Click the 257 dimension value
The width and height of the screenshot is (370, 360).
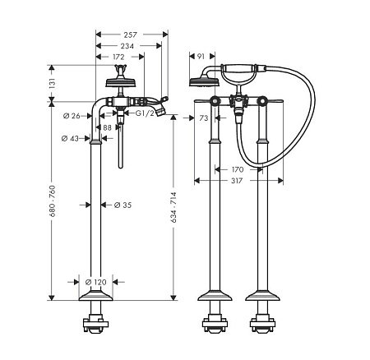130,35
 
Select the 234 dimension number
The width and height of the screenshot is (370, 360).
127,46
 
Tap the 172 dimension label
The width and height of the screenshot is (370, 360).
118,57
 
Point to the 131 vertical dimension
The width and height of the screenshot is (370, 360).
53,83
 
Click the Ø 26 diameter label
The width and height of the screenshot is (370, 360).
72,116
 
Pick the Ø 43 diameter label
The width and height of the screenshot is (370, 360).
70,139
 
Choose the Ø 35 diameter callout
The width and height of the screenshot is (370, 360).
123,205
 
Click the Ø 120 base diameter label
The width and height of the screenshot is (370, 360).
96,282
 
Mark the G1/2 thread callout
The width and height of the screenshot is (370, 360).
145,113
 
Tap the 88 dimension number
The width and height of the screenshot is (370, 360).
107,127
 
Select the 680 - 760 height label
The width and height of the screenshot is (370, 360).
53,201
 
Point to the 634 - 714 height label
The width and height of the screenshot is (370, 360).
174,207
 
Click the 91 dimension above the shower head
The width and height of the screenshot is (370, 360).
201,57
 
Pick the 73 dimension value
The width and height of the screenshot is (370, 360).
204,118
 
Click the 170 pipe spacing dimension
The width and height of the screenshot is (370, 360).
238,170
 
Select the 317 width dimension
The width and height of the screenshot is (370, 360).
237,181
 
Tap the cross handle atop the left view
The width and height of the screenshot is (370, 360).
120,69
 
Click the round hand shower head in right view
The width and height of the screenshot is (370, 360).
204,81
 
